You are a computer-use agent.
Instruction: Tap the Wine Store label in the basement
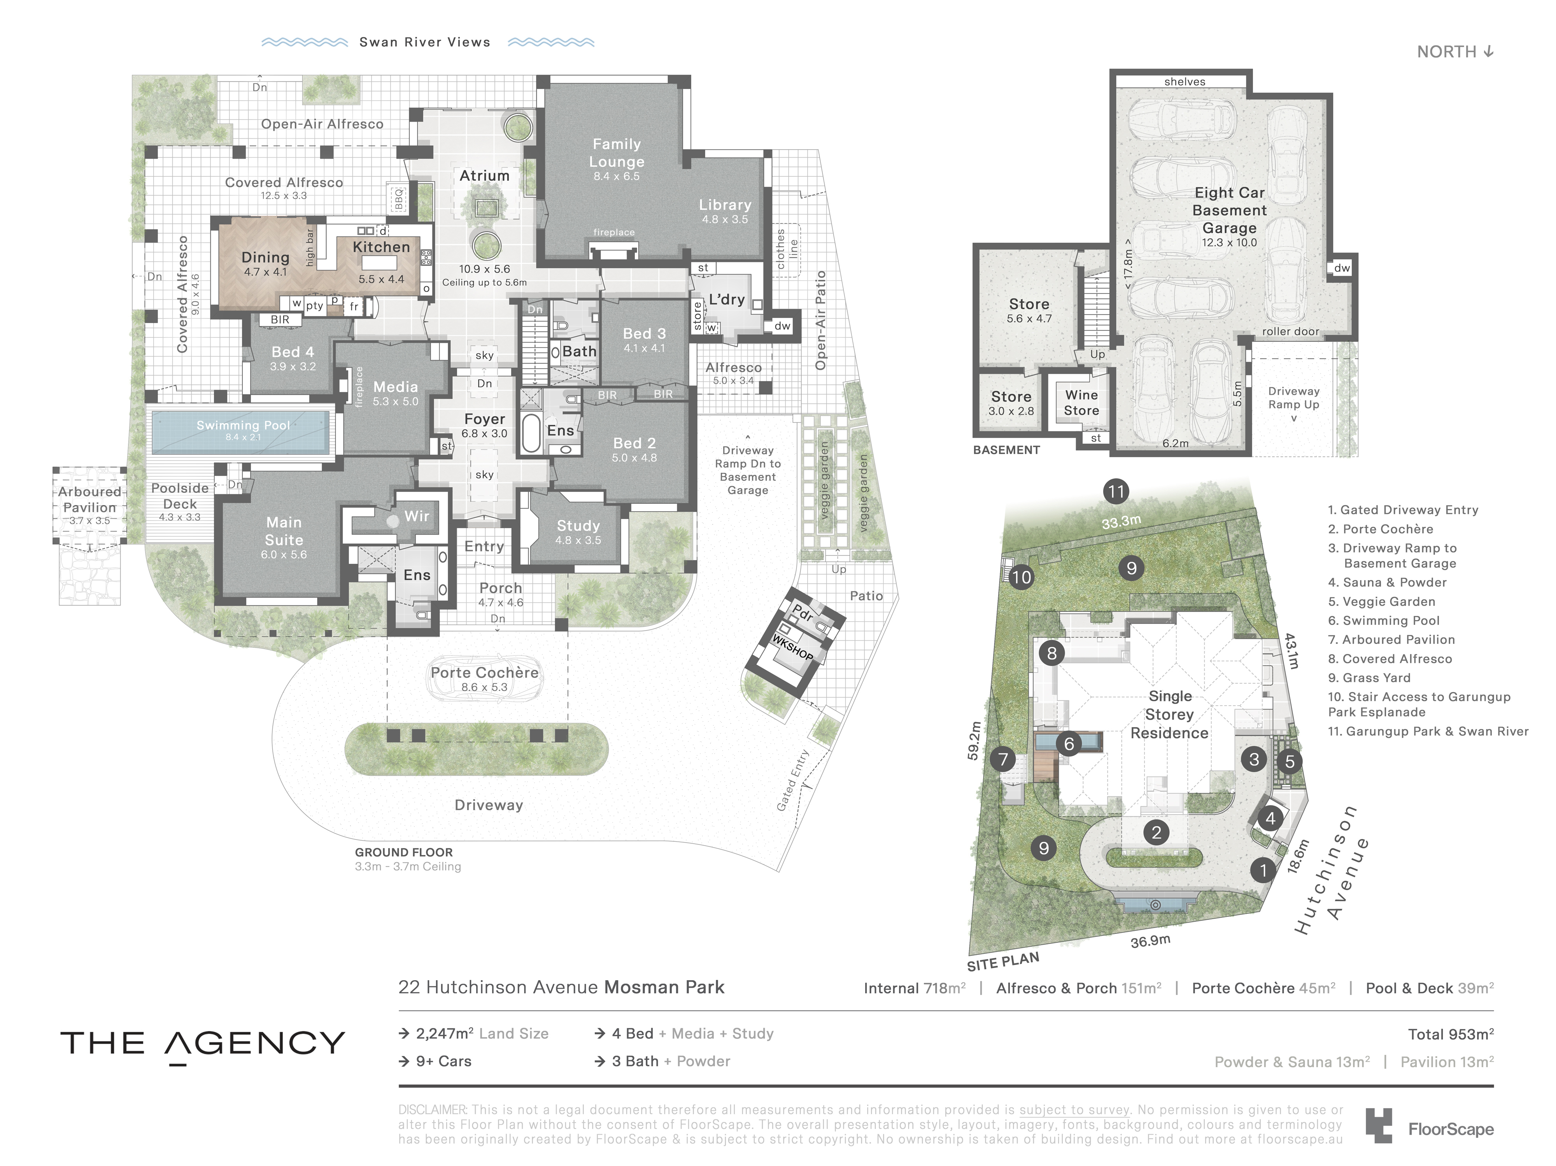point(1081,403)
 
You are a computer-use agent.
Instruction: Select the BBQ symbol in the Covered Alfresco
point(398,198)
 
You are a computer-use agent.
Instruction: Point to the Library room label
point(725,205)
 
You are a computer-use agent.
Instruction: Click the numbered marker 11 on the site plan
point(1116,491)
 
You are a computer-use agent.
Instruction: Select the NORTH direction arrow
point(1488,51)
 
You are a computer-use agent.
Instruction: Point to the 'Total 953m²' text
point(1451,1034)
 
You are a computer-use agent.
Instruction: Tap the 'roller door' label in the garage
point(1290,331)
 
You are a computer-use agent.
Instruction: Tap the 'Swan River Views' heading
point(425,42)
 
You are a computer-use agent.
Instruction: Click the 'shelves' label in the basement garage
point(1185,82)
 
